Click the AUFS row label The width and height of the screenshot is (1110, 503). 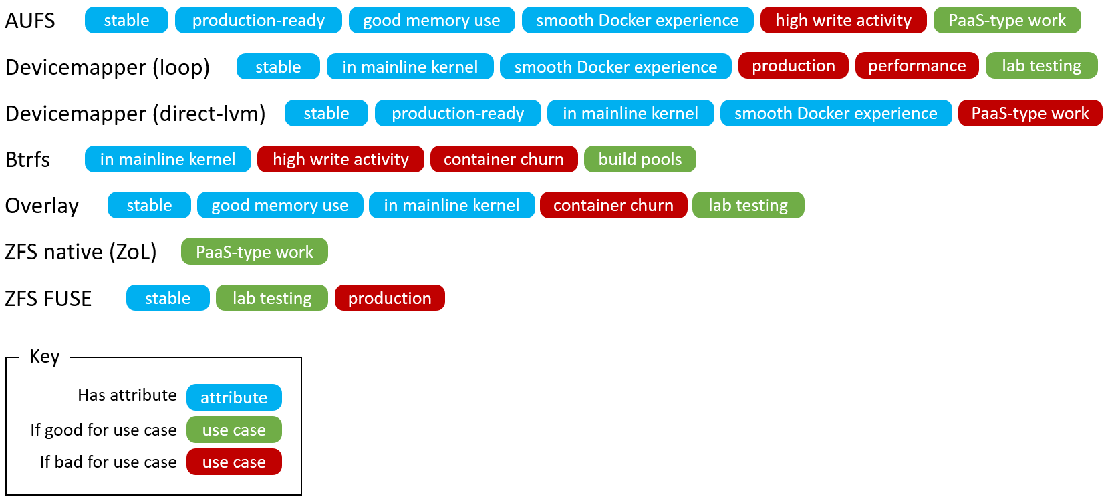[x=30, y=21]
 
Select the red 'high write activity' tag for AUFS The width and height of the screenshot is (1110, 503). [x=843, y=21]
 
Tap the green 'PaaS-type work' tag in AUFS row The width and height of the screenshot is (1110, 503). [x=1006, y=21]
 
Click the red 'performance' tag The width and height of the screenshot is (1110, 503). [x=916, y=66]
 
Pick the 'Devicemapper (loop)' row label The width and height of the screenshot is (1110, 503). [x=107, y=67]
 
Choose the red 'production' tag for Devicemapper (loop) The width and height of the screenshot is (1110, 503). [x=793, y=66]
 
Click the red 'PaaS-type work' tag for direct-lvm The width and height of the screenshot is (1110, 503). [x=1029, y=114]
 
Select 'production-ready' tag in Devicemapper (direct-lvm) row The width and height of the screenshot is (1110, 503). [x=457, y=114]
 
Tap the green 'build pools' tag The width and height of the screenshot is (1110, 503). [x=640, y=160]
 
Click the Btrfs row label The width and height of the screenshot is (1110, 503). [x=27, y=160]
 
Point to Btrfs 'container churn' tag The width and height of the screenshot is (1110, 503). [x=503, y=160]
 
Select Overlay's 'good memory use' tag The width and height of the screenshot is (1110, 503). [x=279, y=206]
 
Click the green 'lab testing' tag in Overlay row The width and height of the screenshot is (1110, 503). [x=747, y=206]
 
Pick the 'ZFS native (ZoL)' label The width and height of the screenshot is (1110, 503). [x=80, y=252]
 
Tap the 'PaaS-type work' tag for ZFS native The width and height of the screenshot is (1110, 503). [x=254, y=252]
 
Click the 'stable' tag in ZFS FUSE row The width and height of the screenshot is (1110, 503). [x=167, y=298]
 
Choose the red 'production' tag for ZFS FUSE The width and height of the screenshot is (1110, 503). [x=389, y=298]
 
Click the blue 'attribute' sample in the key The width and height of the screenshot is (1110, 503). [x=234, y=397]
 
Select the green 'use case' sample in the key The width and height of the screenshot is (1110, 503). [x=234, y=430]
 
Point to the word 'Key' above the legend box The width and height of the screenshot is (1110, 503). [x=45, y=356]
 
